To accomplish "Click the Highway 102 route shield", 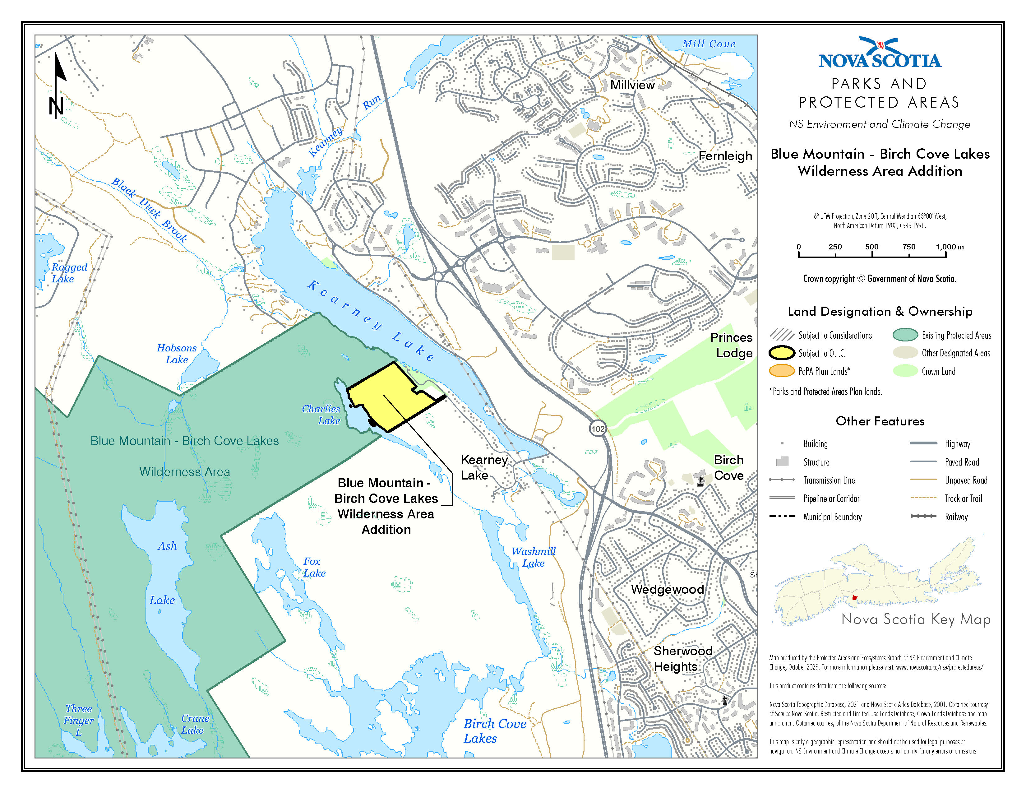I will [x=598, y=429].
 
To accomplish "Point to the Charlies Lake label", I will [x=321, y=414].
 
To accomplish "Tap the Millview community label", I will [x=632, y=85].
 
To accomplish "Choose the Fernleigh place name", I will [x=725, y=156].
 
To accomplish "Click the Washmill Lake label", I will [x=534, y=557].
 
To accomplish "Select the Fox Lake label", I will [x=314, y=567].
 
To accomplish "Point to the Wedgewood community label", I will [x=667, y=589].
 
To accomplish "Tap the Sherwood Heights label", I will [x=682, y=659].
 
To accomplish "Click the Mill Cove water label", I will [x=709, y=44].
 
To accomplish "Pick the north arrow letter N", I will [x=56, y=107].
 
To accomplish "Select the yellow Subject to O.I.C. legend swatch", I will [x=782, y=353].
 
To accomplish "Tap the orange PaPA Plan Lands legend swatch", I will [x=782, y=371].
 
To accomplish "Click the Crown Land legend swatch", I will [x=905, y=371].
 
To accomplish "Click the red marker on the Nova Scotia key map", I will [x=854, y=598].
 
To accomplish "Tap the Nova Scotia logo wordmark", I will [x=880, y=60].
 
